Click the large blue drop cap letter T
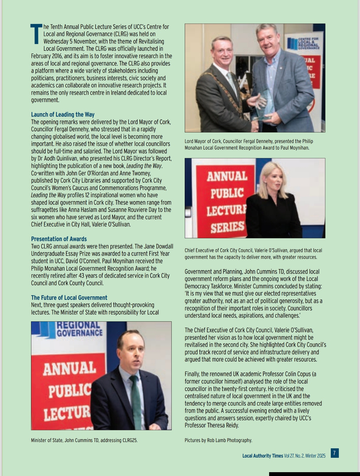36,34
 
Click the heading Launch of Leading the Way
63,114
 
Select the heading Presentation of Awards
59,239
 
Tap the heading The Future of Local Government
69,297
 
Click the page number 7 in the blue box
334,453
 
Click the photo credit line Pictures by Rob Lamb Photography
218,440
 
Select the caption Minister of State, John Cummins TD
84,440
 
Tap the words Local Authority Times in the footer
262,456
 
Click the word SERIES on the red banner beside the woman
228,227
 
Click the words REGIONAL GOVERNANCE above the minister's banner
79,329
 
